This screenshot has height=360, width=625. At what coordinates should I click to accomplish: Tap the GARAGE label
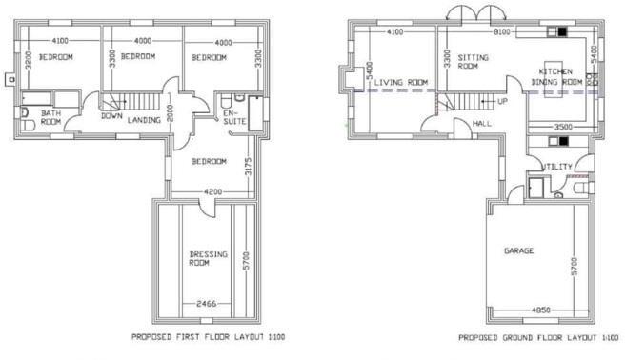[518, 251]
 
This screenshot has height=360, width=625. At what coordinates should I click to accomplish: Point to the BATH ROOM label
[50, 117]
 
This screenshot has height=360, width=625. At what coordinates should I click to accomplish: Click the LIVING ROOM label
[401, 83]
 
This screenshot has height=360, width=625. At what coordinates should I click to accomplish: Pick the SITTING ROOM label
[467, 62]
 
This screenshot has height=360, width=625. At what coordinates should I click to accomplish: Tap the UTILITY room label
[557, 168]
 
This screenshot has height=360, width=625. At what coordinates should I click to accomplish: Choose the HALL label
[480, 124]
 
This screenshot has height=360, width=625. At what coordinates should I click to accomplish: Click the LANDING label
[143, 120]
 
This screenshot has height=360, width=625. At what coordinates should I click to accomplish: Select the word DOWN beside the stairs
[111, 118]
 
